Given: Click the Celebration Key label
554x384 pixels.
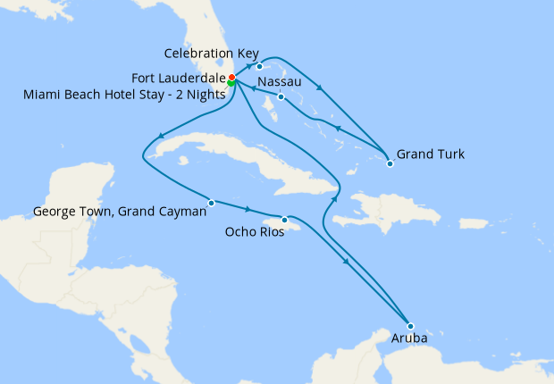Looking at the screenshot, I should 211,54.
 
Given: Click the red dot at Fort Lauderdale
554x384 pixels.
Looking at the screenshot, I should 231,78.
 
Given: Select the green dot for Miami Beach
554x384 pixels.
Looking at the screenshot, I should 231,84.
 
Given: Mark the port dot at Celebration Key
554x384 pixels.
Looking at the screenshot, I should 259,67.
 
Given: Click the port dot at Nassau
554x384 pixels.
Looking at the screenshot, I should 281,96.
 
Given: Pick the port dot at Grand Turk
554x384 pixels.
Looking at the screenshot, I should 390,163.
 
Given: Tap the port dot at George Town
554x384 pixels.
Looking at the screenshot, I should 211,203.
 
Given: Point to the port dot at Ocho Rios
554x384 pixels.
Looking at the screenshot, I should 285,220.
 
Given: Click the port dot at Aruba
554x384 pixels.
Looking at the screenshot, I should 410,326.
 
